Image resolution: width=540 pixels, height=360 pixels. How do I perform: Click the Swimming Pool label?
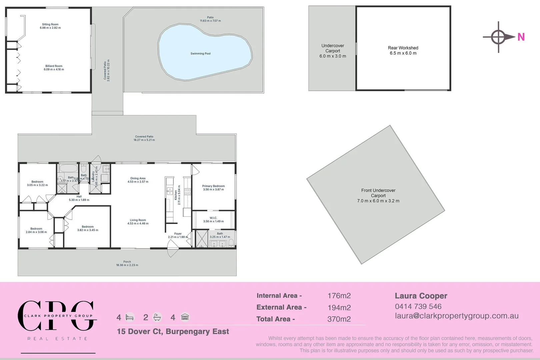(200, 54)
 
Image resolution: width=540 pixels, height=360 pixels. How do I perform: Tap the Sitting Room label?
(50, 24)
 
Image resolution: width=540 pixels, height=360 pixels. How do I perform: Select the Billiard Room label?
(54, 66)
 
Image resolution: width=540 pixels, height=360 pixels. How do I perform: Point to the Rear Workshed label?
(403, 48)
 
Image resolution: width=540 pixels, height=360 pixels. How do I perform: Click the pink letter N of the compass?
(521, 37)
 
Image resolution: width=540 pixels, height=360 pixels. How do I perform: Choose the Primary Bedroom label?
(213, 186)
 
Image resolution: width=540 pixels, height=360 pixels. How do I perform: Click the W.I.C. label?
(213, 218)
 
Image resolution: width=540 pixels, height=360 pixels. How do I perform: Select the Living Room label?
(138, 220)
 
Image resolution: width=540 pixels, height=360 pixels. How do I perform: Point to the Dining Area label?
(138, 178)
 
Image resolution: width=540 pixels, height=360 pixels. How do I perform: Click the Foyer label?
(178, 234)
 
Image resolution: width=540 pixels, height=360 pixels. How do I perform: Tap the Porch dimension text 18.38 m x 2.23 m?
(127, 265)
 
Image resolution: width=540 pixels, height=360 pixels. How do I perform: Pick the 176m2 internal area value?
(339, 296)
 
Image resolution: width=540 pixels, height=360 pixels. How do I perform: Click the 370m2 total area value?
(339, 319)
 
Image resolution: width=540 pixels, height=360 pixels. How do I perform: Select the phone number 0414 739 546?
(418, 306)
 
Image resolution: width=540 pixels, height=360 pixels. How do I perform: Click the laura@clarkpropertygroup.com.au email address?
(457, 316)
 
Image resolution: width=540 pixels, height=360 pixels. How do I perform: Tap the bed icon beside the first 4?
(130, 317)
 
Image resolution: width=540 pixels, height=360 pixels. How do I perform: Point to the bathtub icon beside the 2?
(157, 317)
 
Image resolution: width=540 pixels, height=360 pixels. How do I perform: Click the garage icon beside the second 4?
(185, 317)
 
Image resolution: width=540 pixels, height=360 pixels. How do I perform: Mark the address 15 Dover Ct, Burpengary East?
(173, 331)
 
